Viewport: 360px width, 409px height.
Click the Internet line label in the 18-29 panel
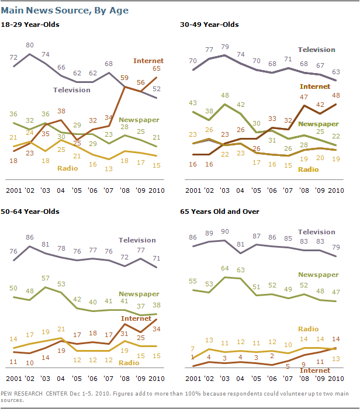(148, 61)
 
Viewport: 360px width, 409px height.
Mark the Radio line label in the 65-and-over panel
(309, 329)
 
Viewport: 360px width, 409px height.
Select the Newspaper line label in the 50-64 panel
(139, 294)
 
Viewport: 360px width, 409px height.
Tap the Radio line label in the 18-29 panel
(68, 168)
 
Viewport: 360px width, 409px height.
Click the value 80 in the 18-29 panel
(30, 44)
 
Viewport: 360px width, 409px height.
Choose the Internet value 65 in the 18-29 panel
(157, 69)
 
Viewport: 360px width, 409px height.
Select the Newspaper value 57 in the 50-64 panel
(44, 279)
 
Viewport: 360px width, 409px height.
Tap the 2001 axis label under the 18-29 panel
(15, 190)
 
